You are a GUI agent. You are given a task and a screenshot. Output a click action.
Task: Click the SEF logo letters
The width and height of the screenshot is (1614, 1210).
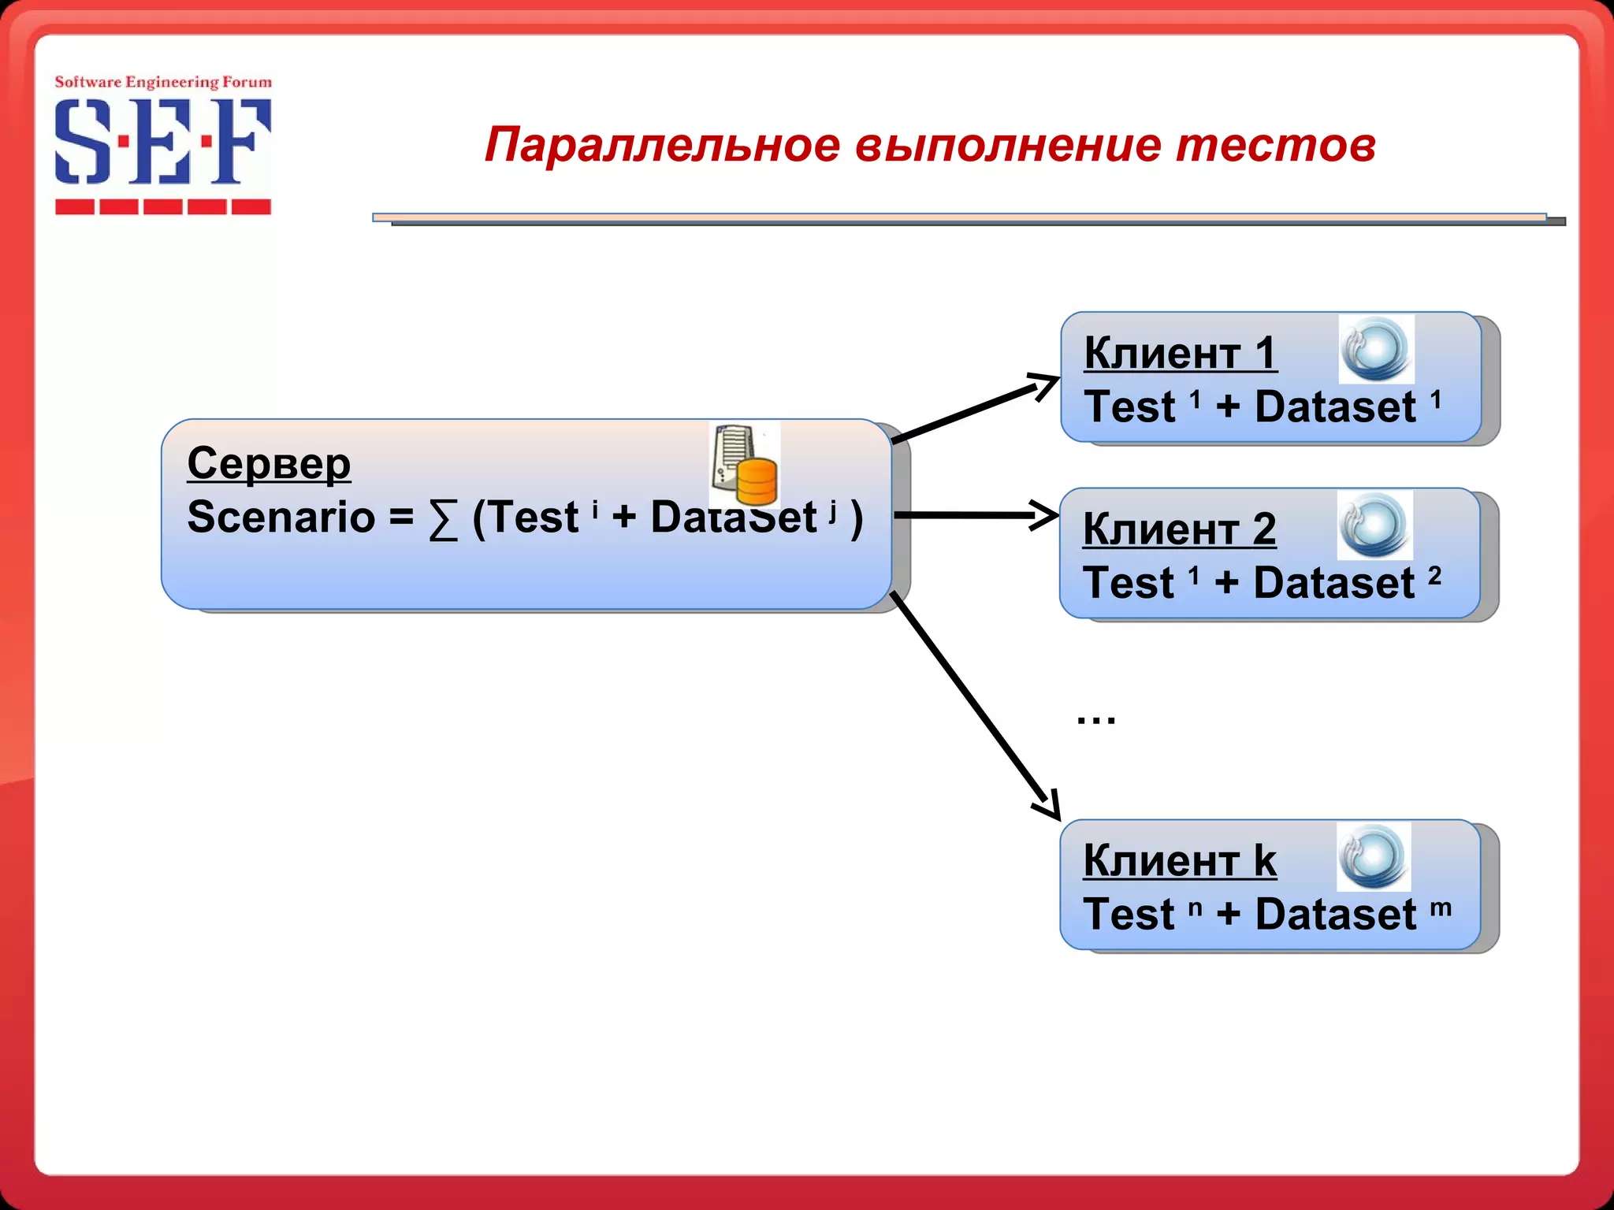[x=162, y=142]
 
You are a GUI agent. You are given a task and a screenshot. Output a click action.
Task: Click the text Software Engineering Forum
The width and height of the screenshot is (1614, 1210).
[x=163, y=82]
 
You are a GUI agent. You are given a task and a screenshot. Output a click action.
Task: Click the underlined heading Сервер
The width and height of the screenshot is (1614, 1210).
[x=269, y=463]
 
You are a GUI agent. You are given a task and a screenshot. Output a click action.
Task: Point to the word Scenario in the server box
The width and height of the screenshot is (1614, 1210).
[x=281, y=518]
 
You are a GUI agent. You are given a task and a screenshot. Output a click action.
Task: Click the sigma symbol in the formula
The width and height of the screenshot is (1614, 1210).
[x=443, y=520]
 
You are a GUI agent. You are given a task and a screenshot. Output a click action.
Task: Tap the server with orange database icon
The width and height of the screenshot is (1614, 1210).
[x=745, y=465]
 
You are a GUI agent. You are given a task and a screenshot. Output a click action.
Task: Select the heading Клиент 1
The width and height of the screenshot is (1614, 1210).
[x=1180, y=352]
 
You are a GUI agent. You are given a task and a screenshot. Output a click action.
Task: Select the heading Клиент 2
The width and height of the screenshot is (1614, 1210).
[x=1179, y=529]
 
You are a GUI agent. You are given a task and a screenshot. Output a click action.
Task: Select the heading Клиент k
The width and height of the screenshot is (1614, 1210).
[x=1179, y=859]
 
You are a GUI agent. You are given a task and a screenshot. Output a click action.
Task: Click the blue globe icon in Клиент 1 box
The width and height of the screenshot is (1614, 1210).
[x=1376, y=349]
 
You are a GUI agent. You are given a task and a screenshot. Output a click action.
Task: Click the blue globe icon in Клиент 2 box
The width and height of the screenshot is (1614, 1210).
[x=1374, y=525]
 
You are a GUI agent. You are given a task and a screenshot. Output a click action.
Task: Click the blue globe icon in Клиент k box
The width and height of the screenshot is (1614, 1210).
[x=1374, y=857]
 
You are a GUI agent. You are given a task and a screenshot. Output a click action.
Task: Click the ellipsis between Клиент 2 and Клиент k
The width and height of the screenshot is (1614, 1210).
[x=1096, y=719]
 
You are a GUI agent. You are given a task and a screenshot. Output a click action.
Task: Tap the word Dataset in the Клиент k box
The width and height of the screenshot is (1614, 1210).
[x=1335, y=915]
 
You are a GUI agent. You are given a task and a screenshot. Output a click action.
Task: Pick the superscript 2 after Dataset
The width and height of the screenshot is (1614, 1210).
[x=1434, y=576]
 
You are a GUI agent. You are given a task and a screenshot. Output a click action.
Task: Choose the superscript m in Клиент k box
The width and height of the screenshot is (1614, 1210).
[x=1441, y=907]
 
